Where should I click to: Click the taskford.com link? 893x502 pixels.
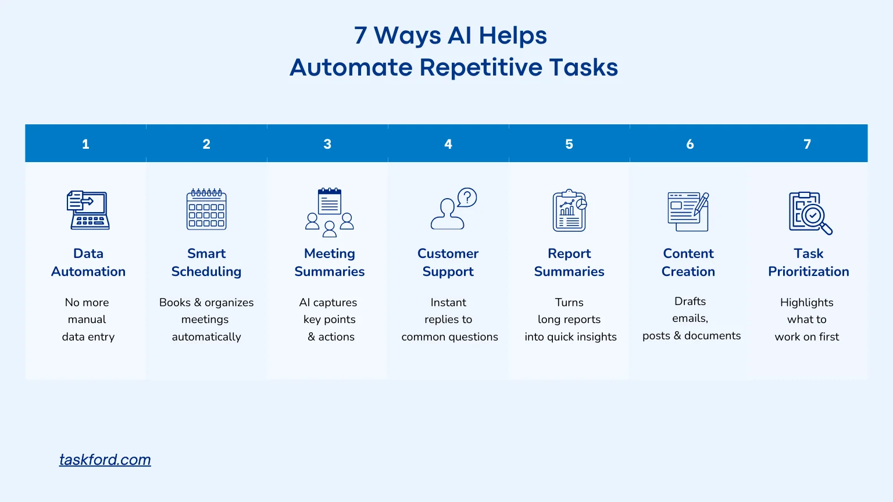105,460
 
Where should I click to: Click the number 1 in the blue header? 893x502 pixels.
85,144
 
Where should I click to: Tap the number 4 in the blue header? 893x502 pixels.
448,144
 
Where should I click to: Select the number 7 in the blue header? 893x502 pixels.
807,144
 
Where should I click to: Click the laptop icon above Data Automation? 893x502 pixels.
88,210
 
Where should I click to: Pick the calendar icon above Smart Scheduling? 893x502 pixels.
206,209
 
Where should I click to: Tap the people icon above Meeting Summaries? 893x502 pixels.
330,223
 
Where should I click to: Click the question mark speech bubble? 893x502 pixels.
467,198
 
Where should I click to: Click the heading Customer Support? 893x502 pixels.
448,262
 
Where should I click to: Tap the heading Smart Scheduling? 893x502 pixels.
206,262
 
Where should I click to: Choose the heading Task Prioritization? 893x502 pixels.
808,262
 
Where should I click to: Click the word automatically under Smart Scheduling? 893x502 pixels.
206,337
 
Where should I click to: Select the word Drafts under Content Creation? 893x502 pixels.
690,301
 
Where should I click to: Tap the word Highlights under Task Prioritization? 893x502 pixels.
807,303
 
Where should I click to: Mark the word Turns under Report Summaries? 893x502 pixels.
569,303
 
